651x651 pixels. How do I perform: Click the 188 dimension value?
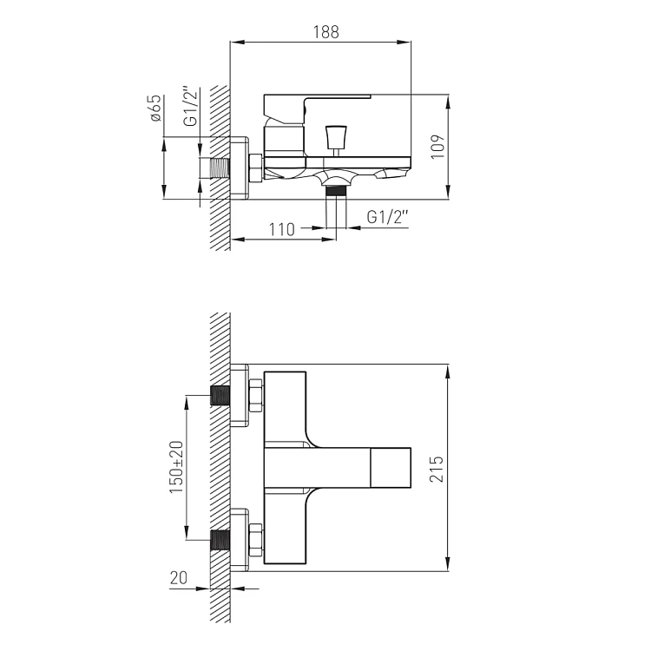coord(325,32)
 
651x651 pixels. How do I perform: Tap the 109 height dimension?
coord(437,146)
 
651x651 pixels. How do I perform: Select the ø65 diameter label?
coord(155,108)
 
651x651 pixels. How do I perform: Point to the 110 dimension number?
coord(282,229)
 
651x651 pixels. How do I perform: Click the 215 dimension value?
coord(437,469)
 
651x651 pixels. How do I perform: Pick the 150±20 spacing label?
coord(176,467)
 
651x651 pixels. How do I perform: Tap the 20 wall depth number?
coord(179,577)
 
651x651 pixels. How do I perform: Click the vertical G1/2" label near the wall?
coord(191,106)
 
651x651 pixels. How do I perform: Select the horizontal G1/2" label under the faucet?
coord(388,216)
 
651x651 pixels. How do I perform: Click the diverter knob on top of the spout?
coord(336,138)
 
